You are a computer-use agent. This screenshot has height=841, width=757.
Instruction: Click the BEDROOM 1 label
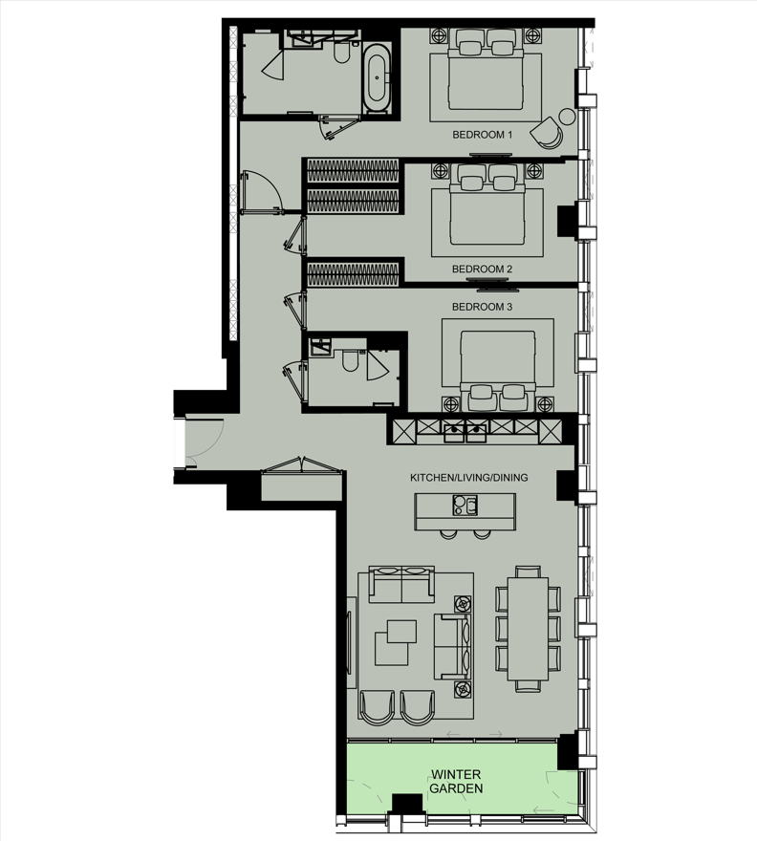[x=483, y=136]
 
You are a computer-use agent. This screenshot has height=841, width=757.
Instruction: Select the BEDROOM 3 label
[x=483, y=307]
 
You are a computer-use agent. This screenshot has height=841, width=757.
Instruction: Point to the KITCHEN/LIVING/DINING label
[x=469, y=477]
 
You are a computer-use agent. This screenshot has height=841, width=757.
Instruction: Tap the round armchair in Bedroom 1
[x=548, y=133]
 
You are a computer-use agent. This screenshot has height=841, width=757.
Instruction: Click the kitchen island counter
[x=465, y=510]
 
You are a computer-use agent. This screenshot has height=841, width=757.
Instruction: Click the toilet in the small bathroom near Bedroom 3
[x=349, y=360]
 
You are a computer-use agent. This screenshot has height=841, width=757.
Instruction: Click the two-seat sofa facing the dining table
[x=452, y=645]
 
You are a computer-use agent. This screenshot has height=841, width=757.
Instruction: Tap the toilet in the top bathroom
[x=342, y=55]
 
